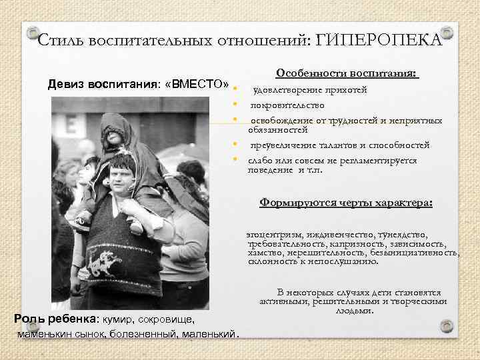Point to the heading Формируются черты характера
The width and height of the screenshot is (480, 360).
(x=346, y=203)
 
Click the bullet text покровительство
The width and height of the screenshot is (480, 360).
(x=287, y=105)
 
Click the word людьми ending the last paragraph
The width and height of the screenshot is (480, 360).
(x=354, y=311)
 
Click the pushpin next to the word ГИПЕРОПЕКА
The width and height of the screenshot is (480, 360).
(x=447, y=33)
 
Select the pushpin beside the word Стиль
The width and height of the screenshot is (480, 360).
(x=31, y=33)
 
